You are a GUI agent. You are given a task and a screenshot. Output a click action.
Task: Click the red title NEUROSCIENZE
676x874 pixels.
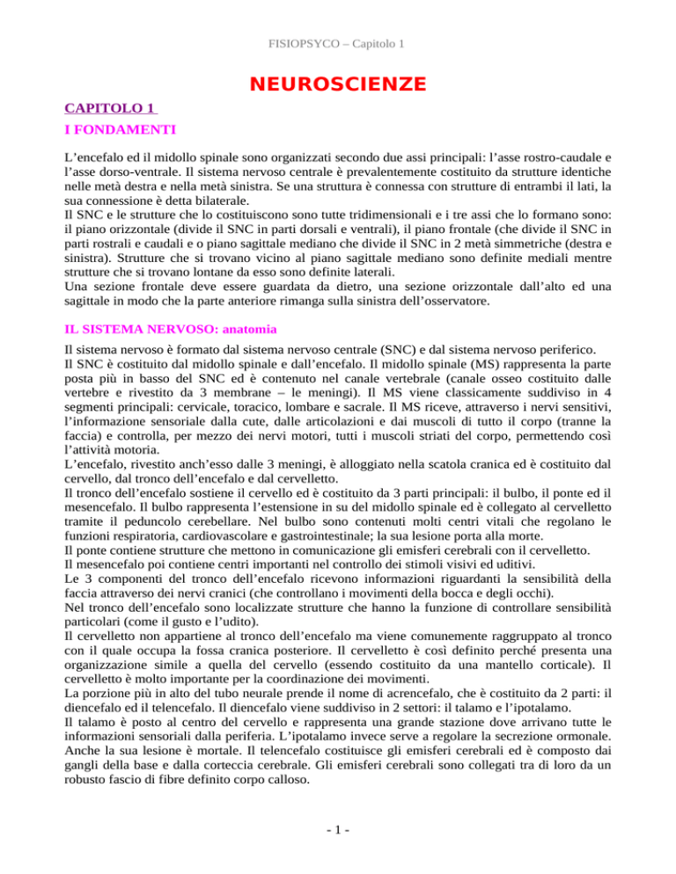pyautogui.click(x=338, y=84)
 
